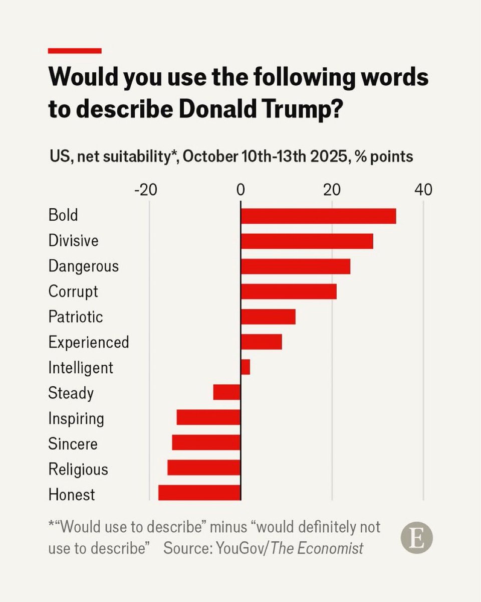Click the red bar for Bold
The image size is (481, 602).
[x=318, y=216]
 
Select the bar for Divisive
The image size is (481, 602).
[x=307, y=241]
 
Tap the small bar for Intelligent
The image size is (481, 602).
[x=245, y=367]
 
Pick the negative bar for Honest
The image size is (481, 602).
[x=199, y=493]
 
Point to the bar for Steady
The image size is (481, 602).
[x=227, y=392]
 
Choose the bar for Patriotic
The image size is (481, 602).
[x=268, y=317]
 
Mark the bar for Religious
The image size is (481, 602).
[x=204, y=468]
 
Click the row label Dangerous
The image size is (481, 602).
[x=84, y=266]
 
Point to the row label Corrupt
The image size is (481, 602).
[x=73, y=291]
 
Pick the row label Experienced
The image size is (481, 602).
[x=89, y=342]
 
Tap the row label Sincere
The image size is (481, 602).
[x=73, y=443]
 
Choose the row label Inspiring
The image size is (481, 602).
[x=76, y=418]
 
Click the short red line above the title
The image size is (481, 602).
[x=75, y=51]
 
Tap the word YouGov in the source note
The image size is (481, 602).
[x=241, y=548]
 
